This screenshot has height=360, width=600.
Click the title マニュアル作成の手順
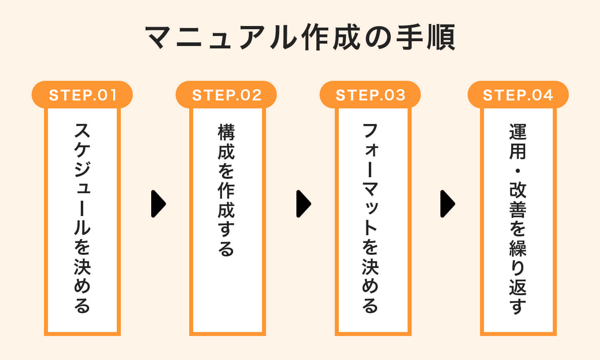click(x=300, y=38)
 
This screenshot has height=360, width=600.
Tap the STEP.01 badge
click(x=82, y=95)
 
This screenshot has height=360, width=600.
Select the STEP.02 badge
click(x=226, y=95)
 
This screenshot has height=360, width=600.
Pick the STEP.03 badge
click(x=370, y=95)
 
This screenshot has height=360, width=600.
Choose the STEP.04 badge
click(x=518, y=95)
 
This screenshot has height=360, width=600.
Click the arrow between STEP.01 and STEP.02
click(x=158, y=204)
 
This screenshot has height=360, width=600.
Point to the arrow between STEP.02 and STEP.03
click(x=304, y=204)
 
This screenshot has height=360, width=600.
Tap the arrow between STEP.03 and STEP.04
click(x=448, y=204)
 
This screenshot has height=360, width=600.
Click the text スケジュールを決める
click(x=82, y=218)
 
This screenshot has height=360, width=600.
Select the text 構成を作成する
click(x=226, y=190)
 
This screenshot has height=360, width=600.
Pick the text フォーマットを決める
click(x=370, y=218)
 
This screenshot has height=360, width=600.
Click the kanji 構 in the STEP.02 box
click(x=226, y=132)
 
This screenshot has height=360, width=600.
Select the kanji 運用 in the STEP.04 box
click(x=518, y=142)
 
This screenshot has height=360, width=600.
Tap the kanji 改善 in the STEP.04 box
click(x=518, y=200)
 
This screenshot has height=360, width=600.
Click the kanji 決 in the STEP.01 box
click(x=82, y=266)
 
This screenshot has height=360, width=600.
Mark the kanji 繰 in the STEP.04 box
click(x=518, y=248)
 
